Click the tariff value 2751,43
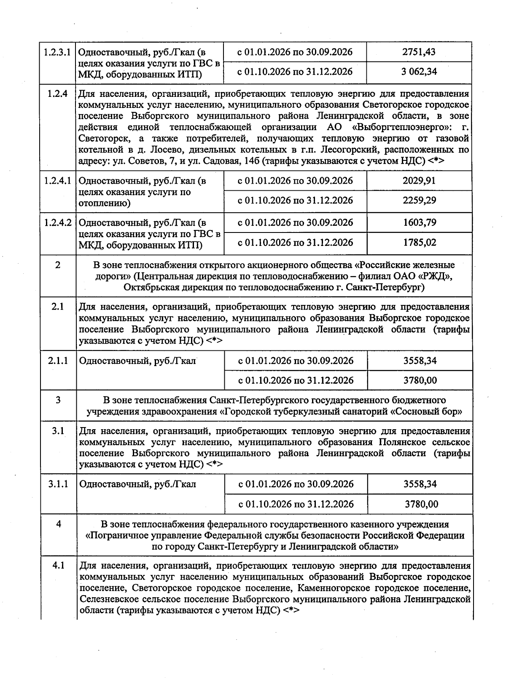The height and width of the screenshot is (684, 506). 419,52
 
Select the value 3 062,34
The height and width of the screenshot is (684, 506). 419,72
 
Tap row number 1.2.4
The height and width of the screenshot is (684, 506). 58,94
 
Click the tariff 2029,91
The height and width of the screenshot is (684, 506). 419,181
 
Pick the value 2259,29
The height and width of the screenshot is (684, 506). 419,200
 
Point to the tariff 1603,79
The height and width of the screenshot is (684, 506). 419,222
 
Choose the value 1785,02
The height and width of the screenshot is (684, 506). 419,243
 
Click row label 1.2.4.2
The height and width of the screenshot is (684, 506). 58,222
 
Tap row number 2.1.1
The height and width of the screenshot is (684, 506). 58,361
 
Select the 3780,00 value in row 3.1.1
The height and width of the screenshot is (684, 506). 421,504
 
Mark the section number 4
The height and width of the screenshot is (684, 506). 59,524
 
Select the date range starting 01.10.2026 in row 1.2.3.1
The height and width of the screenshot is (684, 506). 295,72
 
